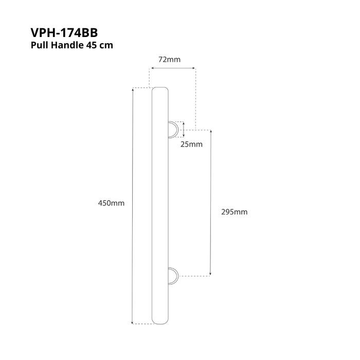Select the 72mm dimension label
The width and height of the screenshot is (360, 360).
click(169, 60)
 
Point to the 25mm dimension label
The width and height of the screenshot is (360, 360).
click(191, 144)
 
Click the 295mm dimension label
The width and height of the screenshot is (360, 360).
click(234, 212)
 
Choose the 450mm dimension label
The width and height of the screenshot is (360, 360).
click(111, 203)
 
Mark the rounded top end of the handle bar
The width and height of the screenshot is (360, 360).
click(160, 90)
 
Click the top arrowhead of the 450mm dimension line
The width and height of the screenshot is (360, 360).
click(134, 89)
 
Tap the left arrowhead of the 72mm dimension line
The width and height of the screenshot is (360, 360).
click(151, 67)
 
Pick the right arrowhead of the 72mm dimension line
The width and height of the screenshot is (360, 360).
click(193, 67)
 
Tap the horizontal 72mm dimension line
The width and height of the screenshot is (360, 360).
click(172, 67)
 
